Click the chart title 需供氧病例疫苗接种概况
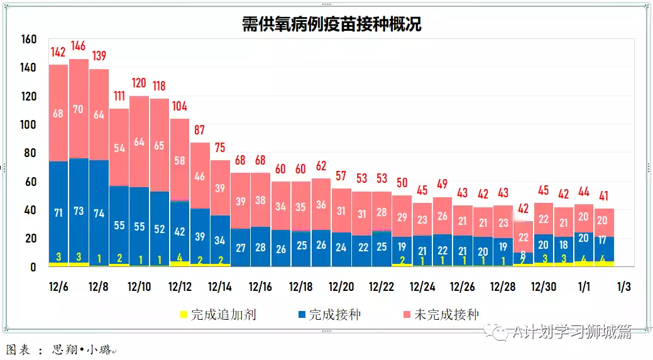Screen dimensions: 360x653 [332, 25]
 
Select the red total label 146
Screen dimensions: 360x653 [79, 46]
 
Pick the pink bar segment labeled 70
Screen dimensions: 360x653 [79, 109]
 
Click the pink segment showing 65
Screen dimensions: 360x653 [160, 146]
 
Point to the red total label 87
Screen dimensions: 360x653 [200, 130]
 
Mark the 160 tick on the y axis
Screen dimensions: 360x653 [29, 40]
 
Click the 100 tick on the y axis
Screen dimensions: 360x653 [29, 125]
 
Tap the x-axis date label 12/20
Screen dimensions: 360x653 [341, 287]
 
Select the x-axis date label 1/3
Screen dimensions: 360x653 [623, 287]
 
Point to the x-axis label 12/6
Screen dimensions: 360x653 [58, 287]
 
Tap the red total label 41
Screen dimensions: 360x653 [604, 195]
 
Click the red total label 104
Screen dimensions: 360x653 [180, 106]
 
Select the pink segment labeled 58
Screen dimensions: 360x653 [180, 160]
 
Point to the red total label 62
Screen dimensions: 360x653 [321, 166]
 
